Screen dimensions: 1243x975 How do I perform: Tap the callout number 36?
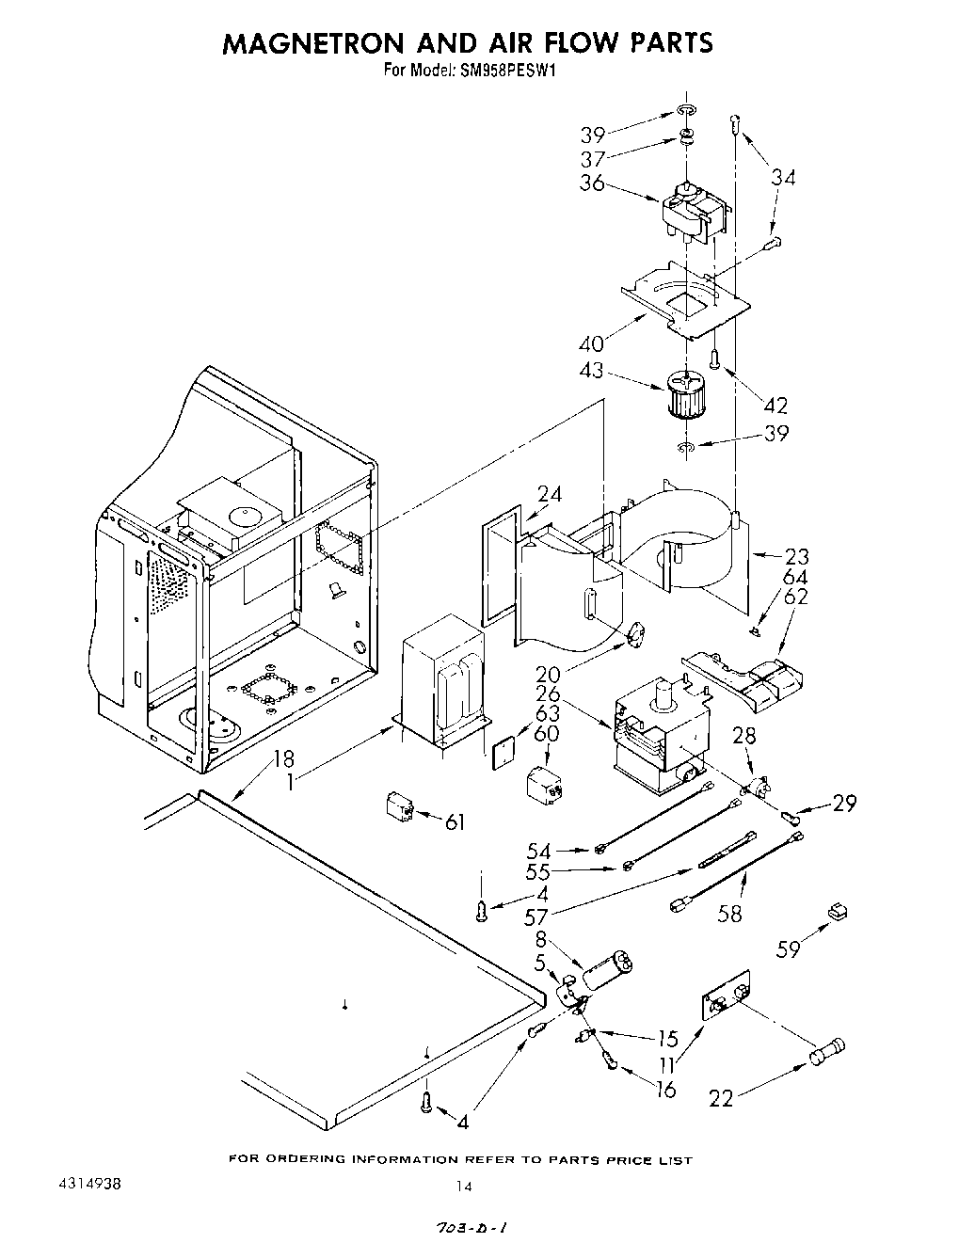592,183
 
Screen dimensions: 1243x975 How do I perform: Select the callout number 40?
592,343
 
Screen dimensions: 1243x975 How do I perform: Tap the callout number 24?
550,494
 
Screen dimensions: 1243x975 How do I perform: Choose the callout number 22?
721,1097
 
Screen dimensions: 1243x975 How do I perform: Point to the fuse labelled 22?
826,1052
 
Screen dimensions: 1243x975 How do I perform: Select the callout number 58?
729,913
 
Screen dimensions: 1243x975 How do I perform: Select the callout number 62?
796,597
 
